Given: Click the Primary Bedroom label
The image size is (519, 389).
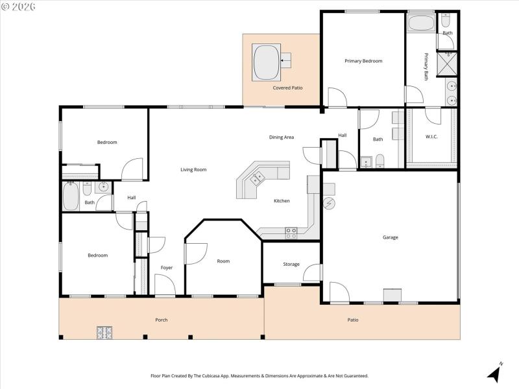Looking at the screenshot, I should [363, 61].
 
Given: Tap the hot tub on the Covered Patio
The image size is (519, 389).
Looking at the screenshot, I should [265, 61].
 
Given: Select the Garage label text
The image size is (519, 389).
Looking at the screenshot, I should [390, 237].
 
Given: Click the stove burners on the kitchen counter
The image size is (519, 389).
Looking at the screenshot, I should [291, 232].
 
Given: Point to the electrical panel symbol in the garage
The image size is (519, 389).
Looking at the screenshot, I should [329, 204].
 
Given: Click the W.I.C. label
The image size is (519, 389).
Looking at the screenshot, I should [432, 137].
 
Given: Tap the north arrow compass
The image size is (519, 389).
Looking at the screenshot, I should [494, 373].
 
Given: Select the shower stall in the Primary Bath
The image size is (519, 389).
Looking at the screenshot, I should [446, 62].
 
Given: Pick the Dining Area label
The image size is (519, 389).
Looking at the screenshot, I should [282, 137].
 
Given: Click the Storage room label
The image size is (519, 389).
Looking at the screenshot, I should [291, 265].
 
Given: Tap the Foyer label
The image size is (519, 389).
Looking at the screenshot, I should [167, 268].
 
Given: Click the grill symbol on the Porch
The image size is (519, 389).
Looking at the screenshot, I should [105, 333].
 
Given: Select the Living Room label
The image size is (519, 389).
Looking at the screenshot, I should [193, 170].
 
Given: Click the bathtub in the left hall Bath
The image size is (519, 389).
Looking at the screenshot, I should [71, 196].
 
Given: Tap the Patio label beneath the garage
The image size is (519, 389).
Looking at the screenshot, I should [353, 320].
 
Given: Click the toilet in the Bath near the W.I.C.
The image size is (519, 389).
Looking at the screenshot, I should [380, 160].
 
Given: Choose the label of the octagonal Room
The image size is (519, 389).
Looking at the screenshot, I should [223, 261].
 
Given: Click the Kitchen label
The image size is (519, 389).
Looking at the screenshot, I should [282, 201].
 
